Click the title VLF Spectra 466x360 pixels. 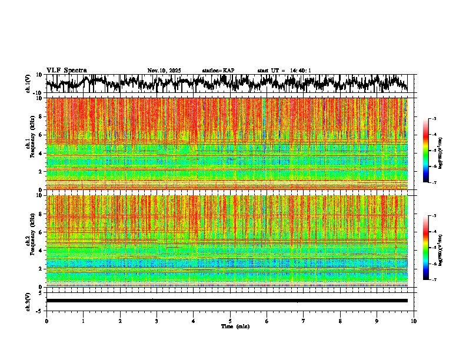tap(66, 70)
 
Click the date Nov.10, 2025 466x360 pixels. tap(164, 71)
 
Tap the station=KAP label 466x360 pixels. tap(218, 71)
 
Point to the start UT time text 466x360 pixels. tap(284, 71)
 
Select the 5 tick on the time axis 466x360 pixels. tap(230, 321)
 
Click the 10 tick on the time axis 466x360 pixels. tap(414, 321)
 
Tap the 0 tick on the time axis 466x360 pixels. tap(46, 321)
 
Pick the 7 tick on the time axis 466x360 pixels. tap(304, 321)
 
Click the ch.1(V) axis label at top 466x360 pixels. tap(28, 84)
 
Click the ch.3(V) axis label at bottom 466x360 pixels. tap(28, 301)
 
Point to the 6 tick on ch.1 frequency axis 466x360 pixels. tap(41, 135)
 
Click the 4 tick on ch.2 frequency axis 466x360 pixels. tap(41, 250)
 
